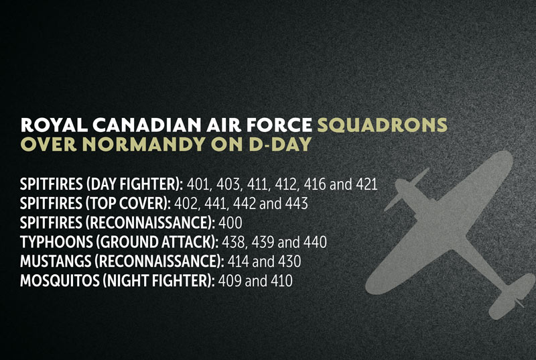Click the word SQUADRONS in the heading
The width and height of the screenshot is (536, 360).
tap(382, 125)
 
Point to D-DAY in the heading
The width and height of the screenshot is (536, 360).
tap(280, 144)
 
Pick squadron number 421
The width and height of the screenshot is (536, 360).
tap(366, 184)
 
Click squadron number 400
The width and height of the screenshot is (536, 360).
tap(230, 223)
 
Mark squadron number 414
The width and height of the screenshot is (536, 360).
tap(238, 261)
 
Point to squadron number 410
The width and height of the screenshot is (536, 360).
tap(281, 281)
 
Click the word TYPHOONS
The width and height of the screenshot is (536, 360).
tap(56, 242)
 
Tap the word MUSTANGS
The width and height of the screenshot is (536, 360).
tap(56, 261)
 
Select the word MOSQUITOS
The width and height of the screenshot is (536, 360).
tap(60, 281)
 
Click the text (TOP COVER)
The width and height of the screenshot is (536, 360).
tap(128, 204)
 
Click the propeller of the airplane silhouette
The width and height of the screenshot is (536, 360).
tap(406, 189)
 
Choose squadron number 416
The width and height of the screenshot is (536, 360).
tap(315, 184)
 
